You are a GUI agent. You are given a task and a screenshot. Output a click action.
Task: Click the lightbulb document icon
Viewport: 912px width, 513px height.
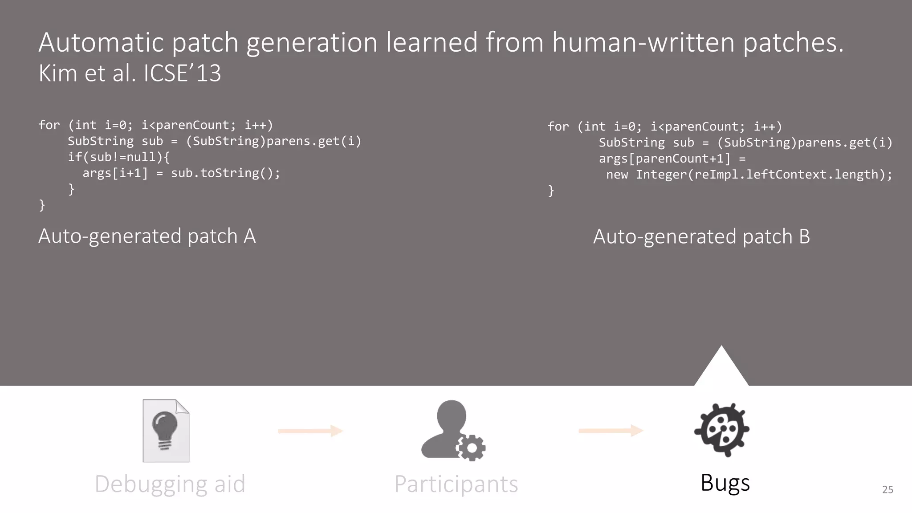[166, 431]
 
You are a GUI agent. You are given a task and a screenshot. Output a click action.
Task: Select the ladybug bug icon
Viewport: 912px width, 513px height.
[722, 430]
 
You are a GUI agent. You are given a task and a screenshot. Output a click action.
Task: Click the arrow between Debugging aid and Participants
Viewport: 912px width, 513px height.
[310, 431]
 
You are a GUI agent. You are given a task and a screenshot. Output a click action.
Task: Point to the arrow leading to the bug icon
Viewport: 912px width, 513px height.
[611, 431]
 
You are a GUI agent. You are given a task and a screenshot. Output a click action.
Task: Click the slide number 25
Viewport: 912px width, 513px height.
[888, 489]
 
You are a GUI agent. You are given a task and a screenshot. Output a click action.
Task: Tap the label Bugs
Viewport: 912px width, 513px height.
[725, 483]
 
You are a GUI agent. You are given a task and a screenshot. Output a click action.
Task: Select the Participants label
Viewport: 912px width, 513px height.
[456, 484]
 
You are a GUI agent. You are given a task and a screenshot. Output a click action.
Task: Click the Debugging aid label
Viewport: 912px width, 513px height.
[170, 484]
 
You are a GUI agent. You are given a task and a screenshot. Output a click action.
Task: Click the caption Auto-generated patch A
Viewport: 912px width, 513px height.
[147, 236]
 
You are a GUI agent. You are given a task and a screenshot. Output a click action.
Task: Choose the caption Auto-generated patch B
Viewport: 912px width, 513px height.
[701, 236]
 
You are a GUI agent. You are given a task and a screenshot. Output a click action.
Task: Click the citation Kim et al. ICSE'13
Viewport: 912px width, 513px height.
[130, 73]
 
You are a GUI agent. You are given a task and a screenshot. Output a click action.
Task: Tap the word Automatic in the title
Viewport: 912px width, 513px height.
[101, 42]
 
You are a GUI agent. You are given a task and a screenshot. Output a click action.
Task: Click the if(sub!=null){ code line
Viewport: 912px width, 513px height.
[118, 157]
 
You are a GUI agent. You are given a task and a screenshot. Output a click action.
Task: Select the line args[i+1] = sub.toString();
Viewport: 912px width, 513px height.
[181, 173]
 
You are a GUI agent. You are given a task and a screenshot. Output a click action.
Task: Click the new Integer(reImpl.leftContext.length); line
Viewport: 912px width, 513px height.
[749, 175]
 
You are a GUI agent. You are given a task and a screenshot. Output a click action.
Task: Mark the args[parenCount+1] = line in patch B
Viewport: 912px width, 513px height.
[672, 159]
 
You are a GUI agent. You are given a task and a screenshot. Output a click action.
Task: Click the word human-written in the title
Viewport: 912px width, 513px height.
[643, 42]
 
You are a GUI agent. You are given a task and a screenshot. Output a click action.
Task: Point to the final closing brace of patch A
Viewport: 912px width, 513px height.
[42, 205]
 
